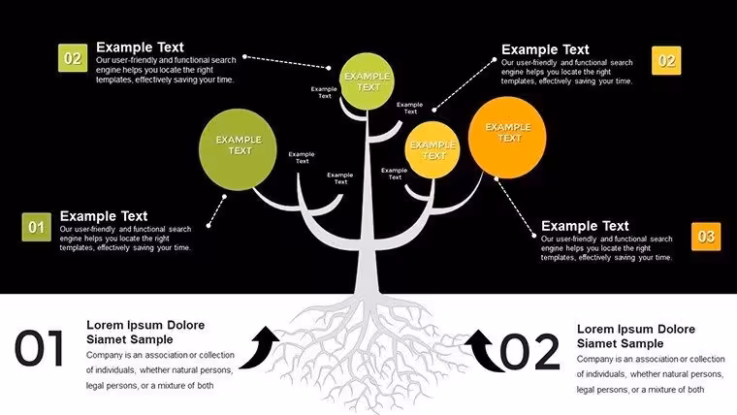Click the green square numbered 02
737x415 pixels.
coord(73,58)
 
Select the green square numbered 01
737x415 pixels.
coord(36,227)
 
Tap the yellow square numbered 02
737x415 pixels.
coord(666,61)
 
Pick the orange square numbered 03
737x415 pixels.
coord(706,237)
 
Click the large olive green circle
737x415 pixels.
coord(238,149)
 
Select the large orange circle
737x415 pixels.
coord(507,138)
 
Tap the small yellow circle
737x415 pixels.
coord(433,149)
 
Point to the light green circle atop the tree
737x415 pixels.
coord(368,81)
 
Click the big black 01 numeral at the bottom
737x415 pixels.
coord(39,348)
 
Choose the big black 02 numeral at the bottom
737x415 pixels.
coord(529,352)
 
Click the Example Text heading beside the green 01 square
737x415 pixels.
coord(104,216)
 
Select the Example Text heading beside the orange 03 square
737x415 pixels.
coord(585,226)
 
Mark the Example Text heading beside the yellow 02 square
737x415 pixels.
coord(545,49)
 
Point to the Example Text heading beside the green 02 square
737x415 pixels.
coord(140,47)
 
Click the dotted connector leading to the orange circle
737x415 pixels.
coord(515,207)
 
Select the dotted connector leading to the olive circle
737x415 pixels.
coord(216,211)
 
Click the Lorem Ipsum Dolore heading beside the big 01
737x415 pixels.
coord(145,332)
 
